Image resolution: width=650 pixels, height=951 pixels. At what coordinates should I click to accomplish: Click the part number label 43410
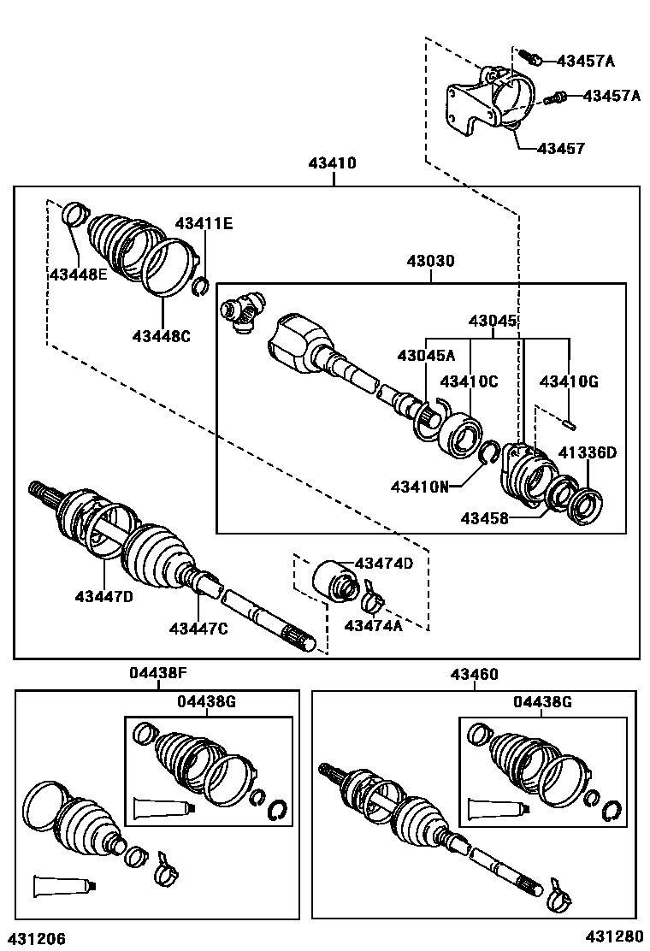click(332, 163)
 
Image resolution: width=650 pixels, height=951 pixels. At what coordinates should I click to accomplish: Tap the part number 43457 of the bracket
click(560, 149)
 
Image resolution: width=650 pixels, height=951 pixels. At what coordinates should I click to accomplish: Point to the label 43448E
click(78, 275)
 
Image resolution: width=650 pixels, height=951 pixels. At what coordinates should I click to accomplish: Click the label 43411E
click(204, 224)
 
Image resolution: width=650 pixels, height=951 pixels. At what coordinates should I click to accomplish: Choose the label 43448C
click(161, 336)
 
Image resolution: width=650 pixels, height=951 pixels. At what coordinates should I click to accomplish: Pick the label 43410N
click(420, 487)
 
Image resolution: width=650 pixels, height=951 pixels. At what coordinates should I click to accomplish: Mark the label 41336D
click(587, 452)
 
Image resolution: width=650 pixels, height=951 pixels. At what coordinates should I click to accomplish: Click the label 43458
click(485, 517)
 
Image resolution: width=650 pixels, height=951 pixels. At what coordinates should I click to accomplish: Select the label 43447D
click(103, 596)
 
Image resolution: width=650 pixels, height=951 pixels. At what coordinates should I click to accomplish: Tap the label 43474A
click(373, 625)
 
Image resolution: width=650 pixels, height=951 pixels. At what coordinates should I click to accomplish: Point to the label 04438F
click(158, 674)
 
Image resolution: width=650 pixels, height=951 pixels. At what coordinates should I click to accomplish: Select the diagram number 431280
click(613, 938)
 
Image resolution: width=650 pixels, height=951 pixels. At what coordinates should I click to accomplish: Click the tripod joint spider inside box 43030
click(244, 312)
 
